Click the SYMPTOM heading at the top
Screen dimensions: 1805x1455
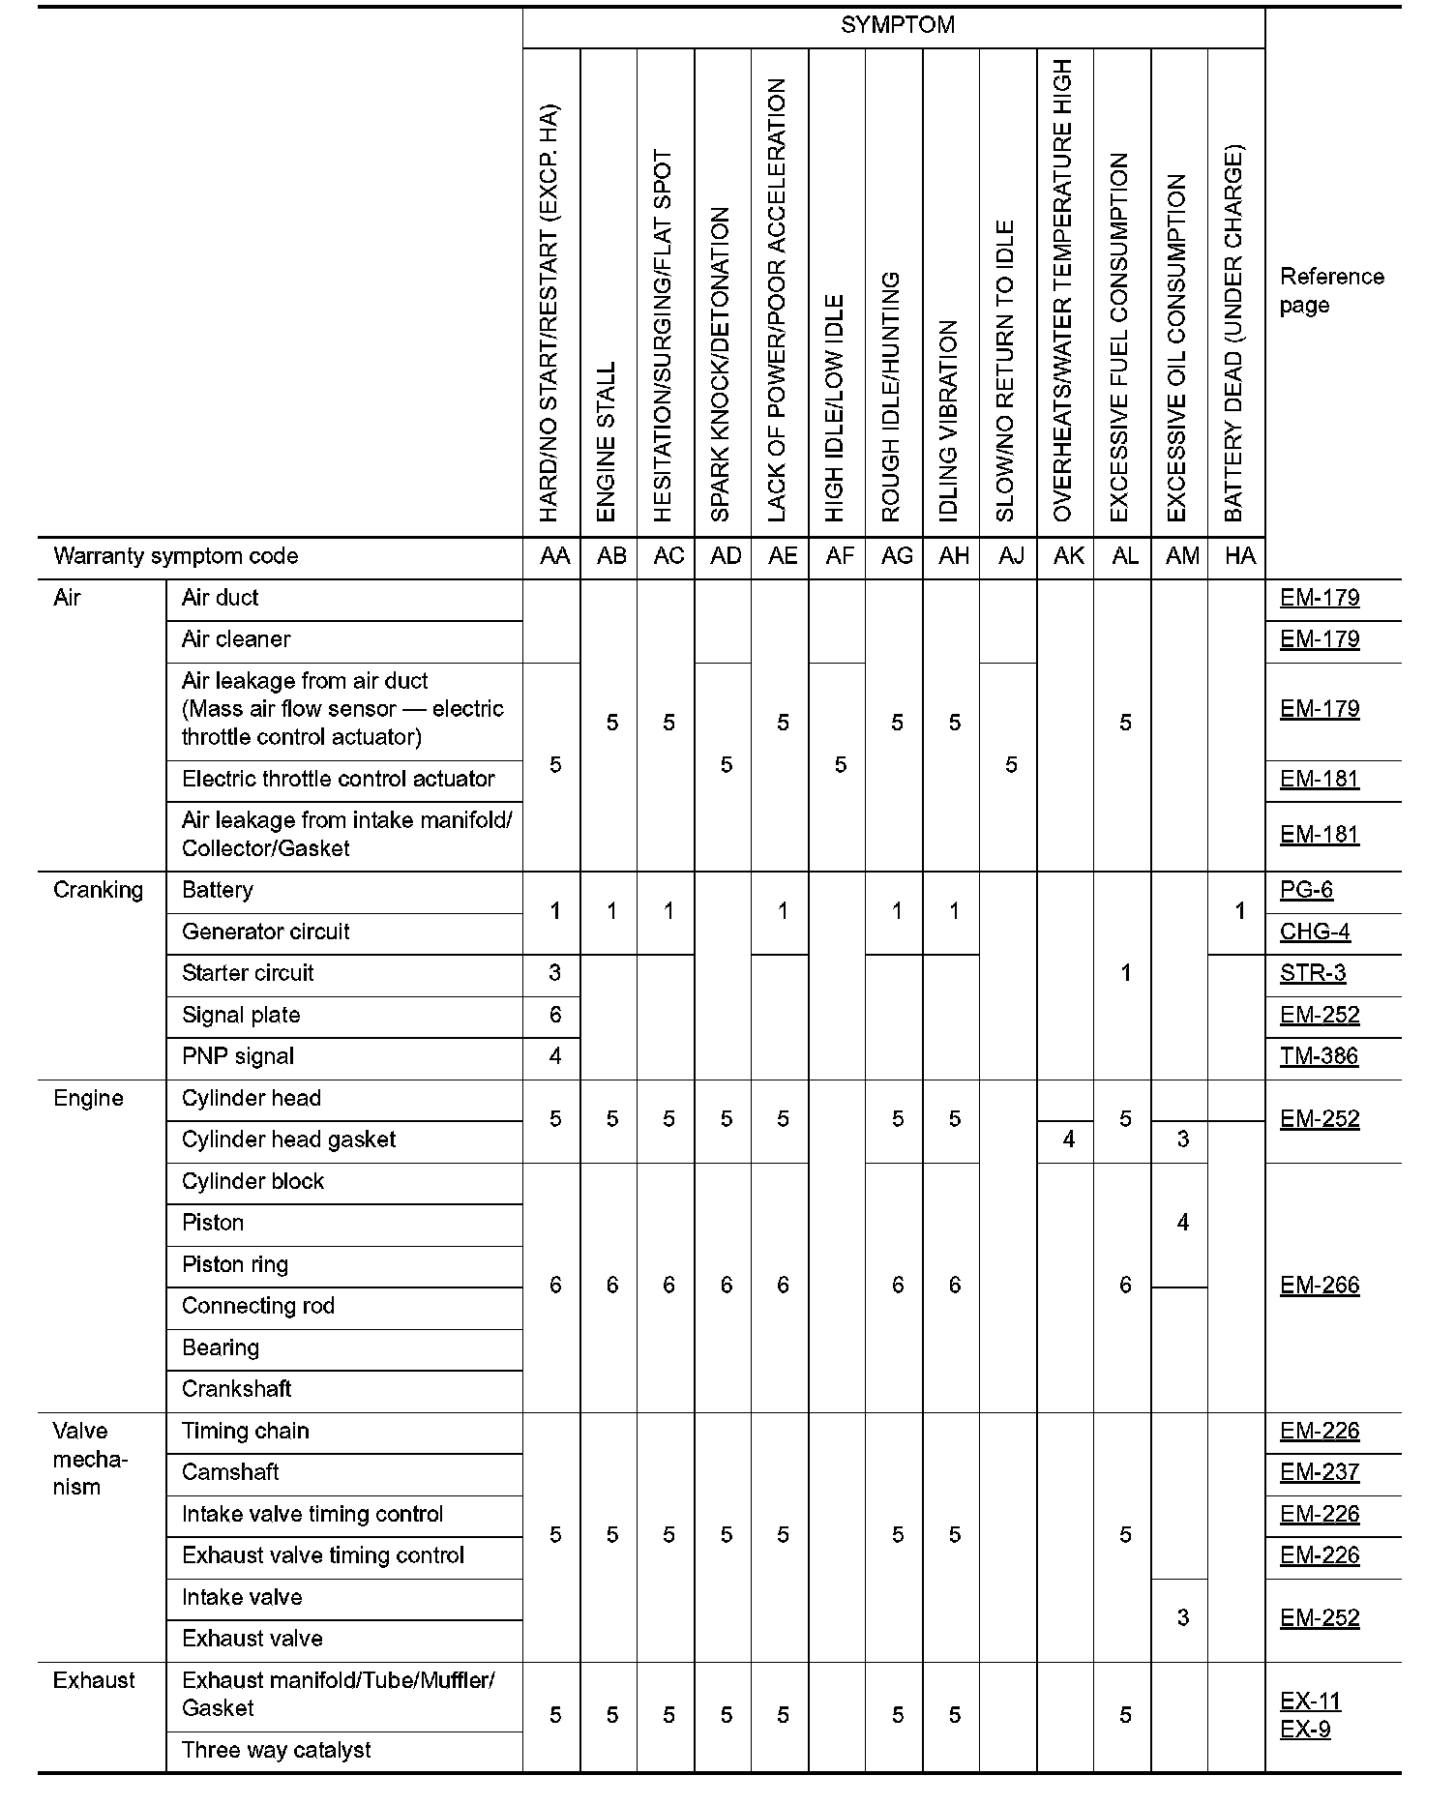coord(897,25)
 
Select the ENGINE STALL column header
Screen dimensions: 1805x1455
coord(607,441)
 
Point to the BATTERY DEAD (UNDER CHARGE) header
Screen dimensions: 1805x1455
coord(1233,334)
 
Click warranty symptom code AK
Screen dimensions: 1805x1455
coord(1068,556)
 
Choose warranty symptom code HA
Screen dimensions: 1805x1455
coord(1239,556)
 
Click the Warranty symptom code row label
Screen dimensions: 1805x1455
coord(176,556)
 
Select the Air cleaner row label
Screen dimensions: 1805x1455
coord(236,639)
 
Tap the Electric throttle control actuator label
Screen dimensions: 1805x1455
coord(338,779)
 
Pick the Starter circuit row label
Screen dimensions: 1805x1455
coord(248,973)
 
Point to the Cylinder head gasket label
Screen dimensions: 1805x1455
coord(288,1139)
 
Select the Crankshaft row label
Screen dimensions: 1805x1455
coord(237,1389)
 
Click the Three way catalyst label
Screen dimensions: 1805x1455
coord(277,1750)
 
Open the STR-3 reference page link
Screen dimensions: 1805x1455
coord(1313,973)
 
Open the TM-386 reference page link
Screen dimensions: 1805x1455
coord(1320,1056)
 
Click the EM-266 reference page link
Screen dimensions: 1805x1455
coord(1320,1286)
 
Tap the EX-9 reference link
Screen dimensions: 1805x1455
coord(1305,1729)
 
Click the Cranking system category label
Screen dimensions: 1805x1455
coord(98,890)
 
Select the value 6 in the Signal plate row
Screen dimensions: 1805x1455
coord(554,1015)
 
